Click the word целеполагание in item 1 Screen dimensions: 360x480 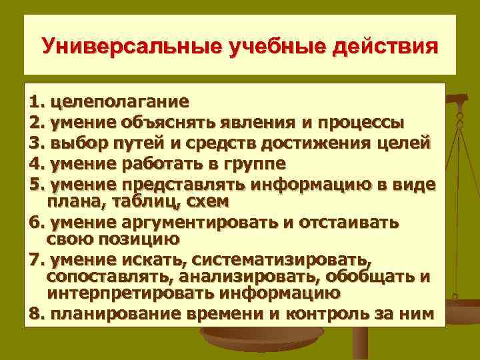coord(119,103)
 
